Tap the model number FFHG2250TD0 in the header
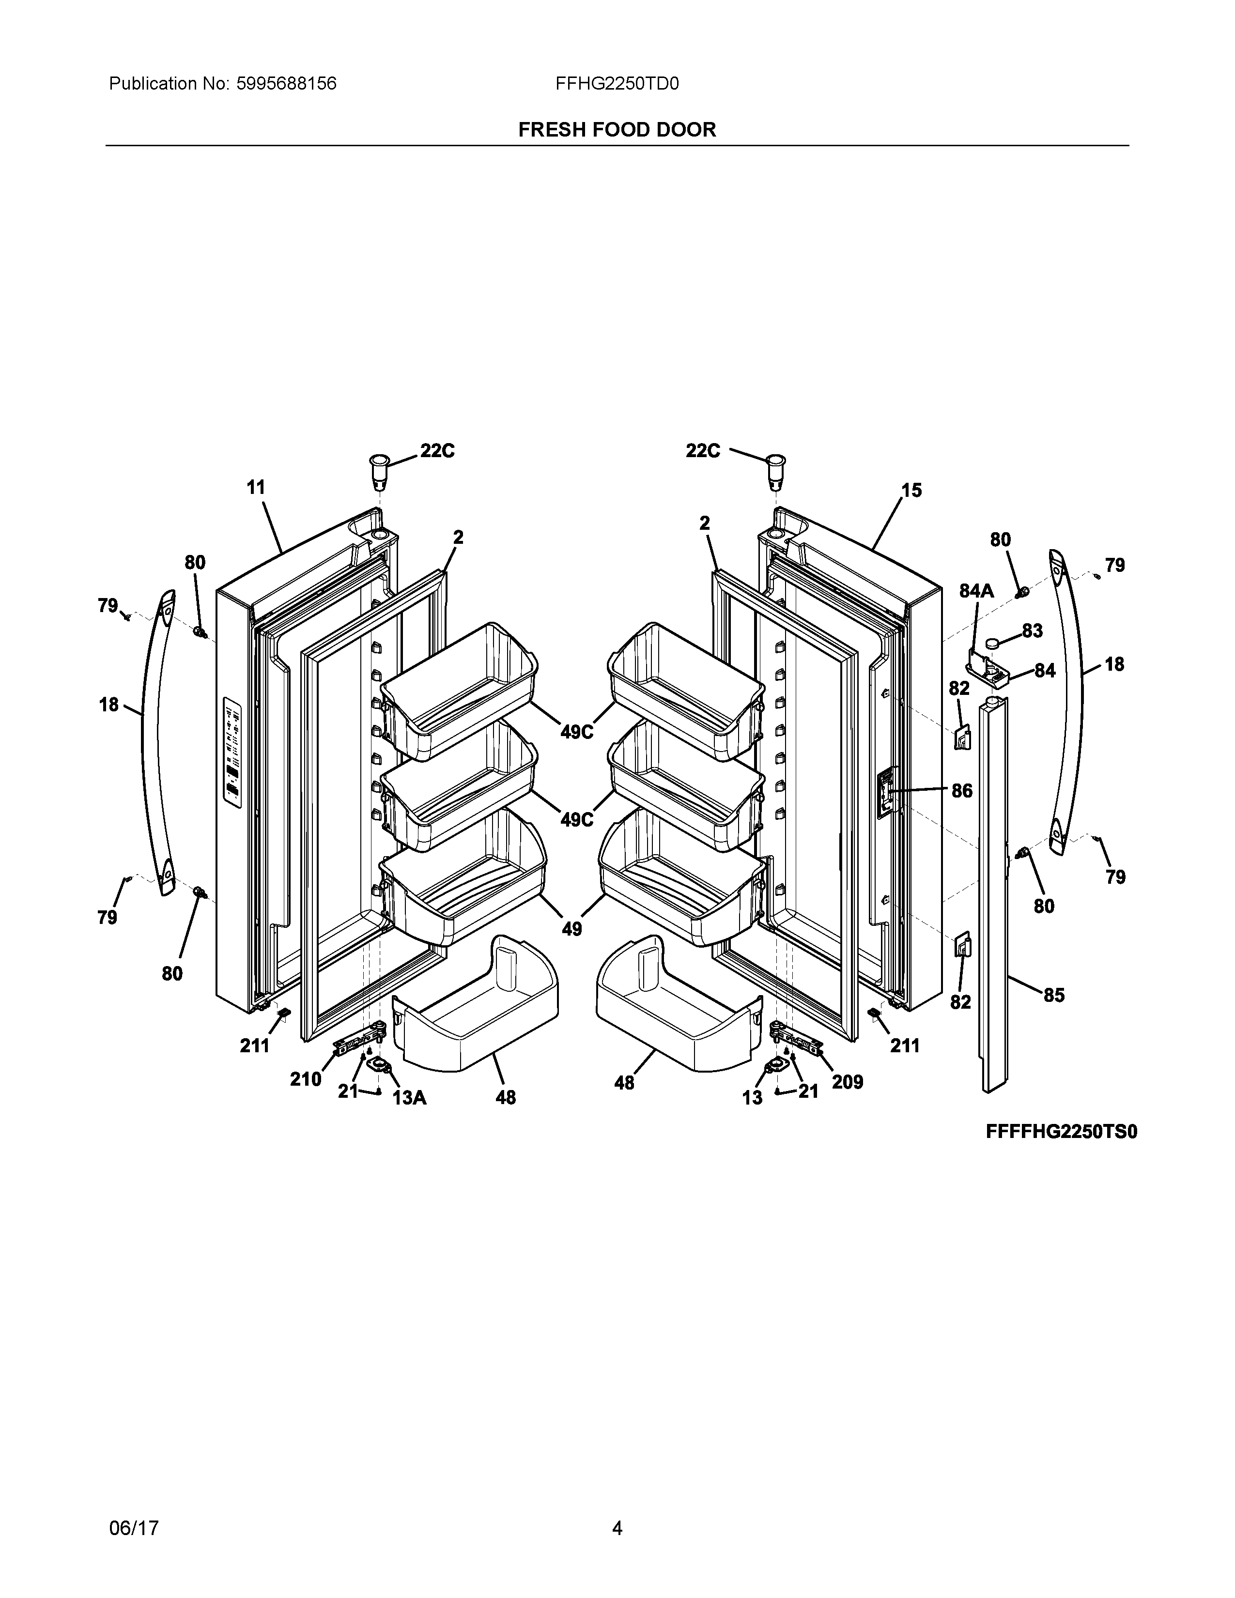617,84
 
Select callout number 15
911,490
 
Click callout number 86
962,790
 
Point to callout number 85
1053,995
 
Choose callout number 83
1033,630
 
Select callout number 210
305,1079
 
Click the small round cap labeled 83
993,643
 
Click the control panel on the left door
232,753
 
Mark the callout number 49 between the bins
571,928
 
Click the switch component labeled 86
887,791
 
